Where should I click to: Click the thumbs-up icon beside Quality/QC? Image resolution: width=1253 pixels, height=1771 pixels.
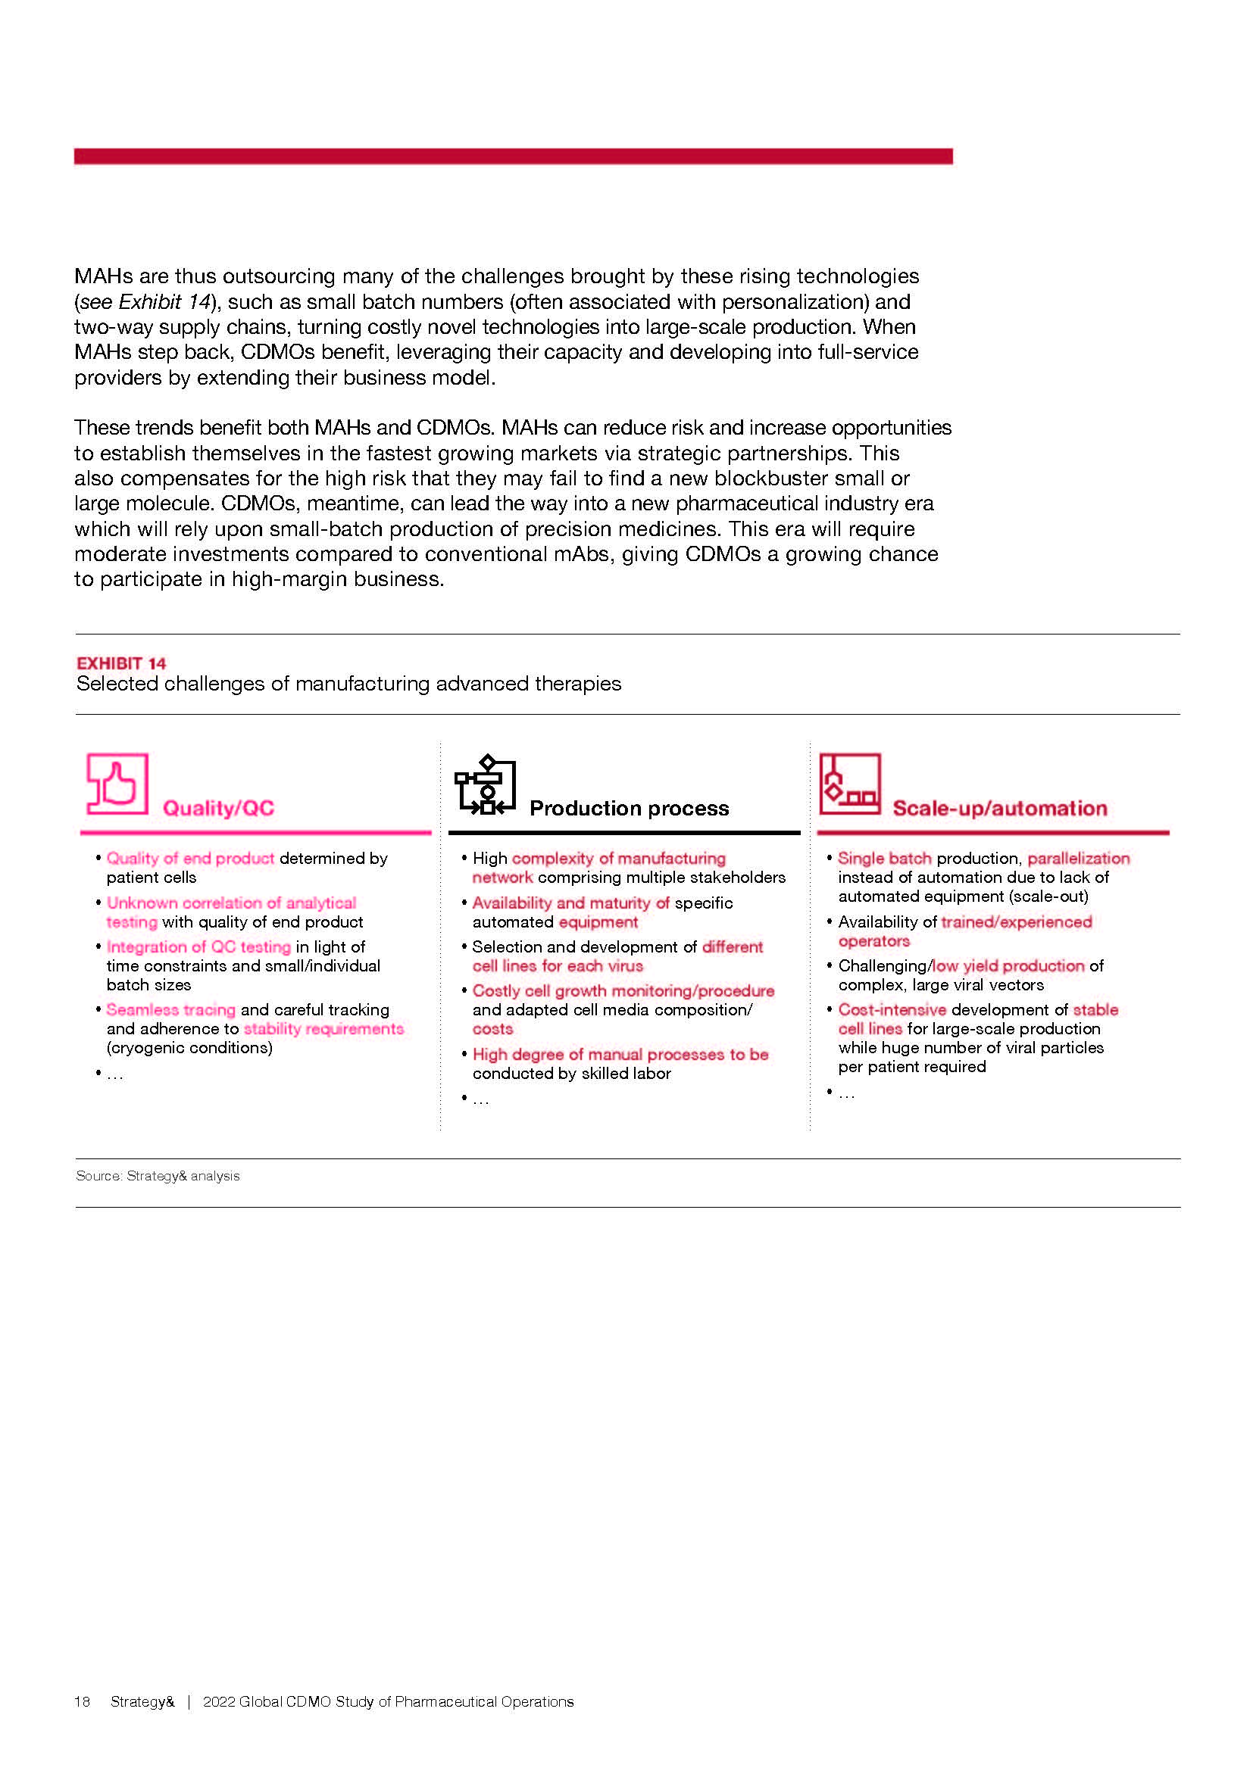pyautogui.click(x=117, y=784)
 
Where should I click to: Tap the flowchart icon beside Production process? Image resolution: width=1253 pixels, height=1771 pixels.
pyautogui.click(x=486, y=784)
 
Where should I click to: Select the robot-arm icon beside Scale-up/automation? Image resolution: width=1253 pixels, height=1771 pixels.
pyautogui.click(x=849, y=784)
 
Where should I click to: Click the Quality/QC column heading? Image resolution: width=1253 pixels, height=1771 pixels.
pyautogui.click(x=218, y=809)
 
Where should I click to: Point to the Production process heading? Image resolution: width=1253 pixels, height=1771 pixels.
pyautogui.click(x=629, y=809)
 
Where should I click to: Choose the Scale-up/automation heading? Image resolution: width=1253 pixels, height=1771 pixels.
pyautogui.click(x=999, y=809)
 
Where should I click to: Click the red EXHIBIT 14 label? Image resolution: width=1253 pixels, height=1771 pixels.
pyautogui.click(x=121, y=663)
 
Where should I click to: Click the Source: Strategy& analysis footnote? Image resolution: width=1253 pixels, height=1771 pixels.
pyautogui.click(x=158, y=1176)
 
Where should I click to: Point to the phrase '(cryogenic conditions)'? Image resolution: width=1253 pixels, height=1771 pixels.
pyautogui.click(x=190, y=1047)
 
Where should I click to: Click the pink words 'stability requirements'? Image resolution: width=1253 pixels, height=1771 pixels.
pyautogui.click(x=323, y=1029)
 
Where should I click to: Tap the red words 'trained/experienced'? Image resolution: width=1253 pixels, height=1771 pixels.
pyautogui.click(x=1016, y=921)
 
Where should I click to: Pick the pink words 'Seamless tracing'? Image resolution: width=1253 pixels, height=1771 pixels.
pyautogui.click(x=170, y=1010)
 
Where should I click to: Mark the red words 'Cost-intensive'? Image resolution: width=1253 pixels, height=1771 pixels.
pyautogui.click(x=892, y=1010)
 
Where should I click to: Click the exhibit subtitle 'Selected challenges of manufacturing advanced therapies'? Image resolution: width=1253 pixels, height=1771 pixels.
pyautogui.click(x=348, y=684)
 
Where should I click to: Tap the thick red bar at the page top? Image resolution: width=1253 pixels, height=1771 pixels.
pyautogui.click(x=513, y=157)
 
